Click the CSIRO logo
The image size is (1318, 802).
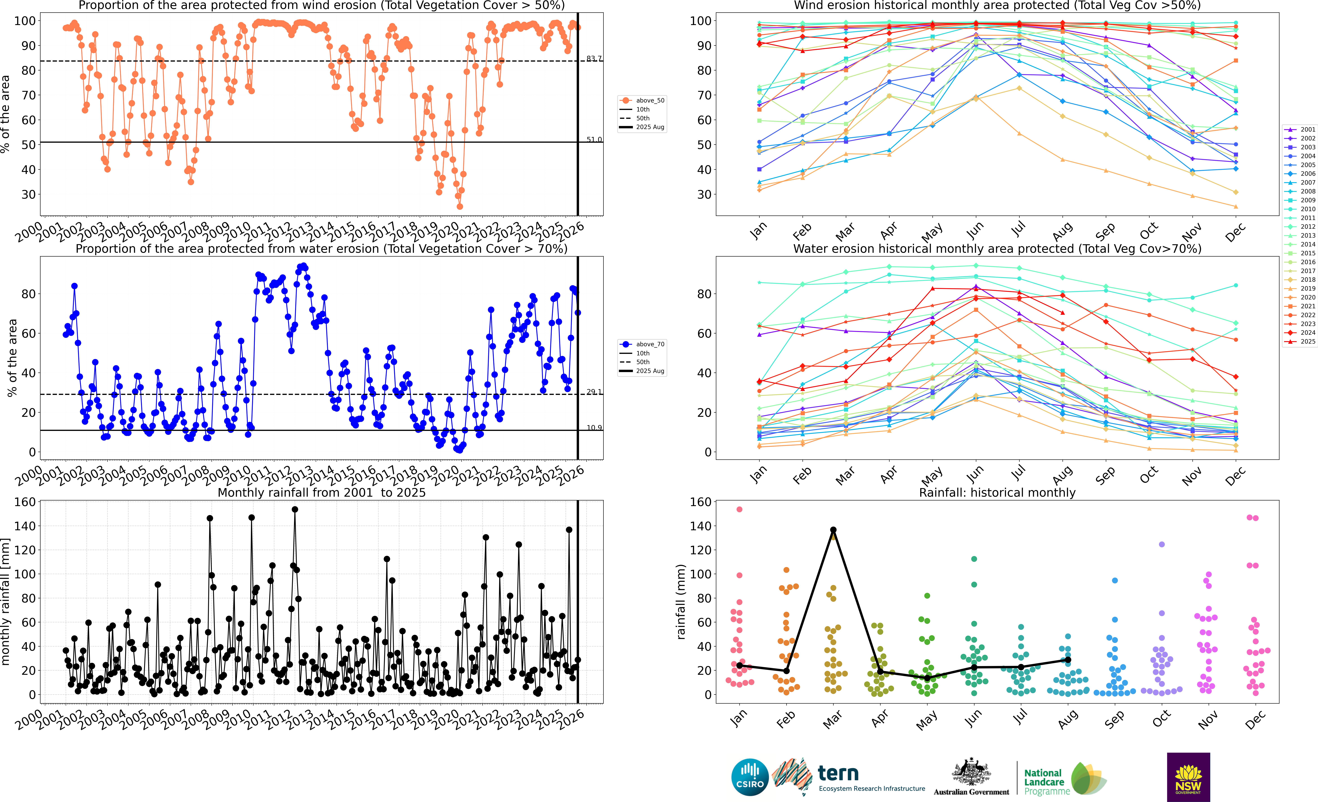point(750,777)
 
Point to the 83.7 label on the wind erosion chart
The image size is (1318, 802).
point(594,58)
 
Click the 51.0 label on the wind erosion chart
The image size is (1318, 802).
point(594,140)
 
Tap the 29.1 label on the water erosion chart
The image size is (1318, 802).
point(594,392)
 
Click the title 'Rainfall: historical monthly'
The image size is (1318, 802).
point(997,492)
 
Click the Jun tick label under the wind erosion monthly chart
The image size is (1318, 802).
point(974,230)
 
